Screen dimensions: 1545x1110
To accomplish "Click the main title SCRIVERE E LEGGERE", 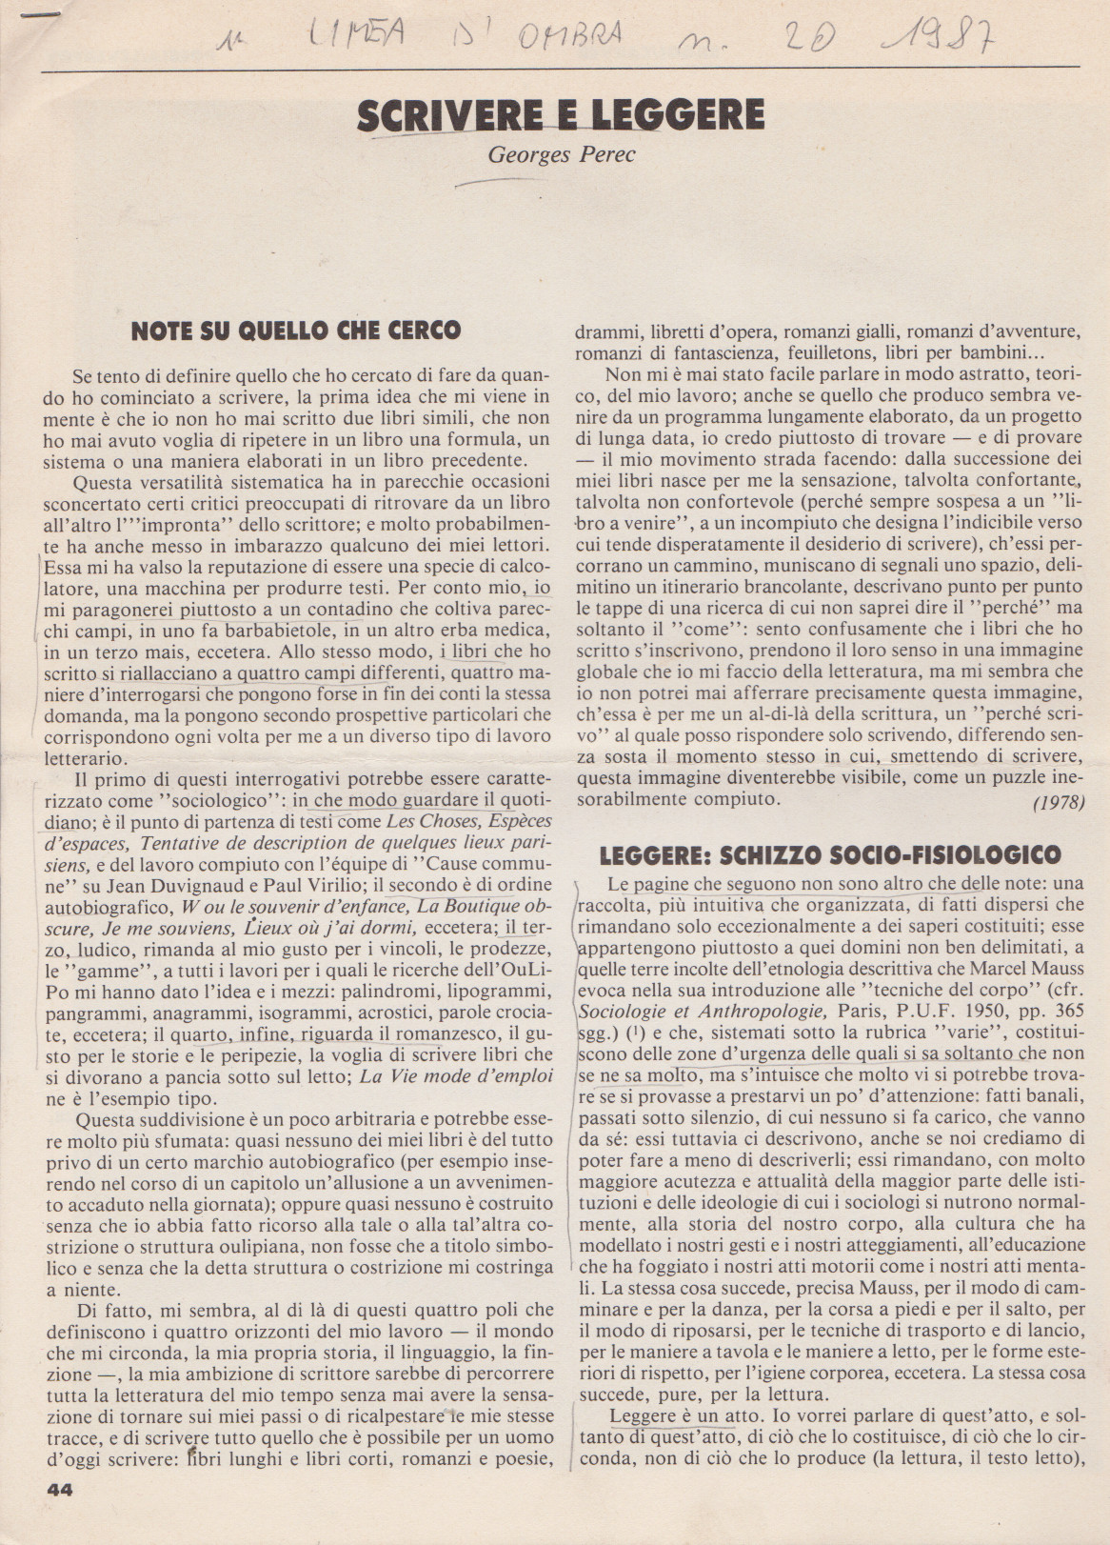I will click(x=560, y=114).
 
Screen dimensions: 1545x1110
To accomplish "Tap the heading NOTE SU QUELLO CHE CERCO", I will click(x=295, y=331).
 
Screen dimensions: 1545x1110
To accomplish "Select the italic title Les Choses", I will click(x=430, y=821).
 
